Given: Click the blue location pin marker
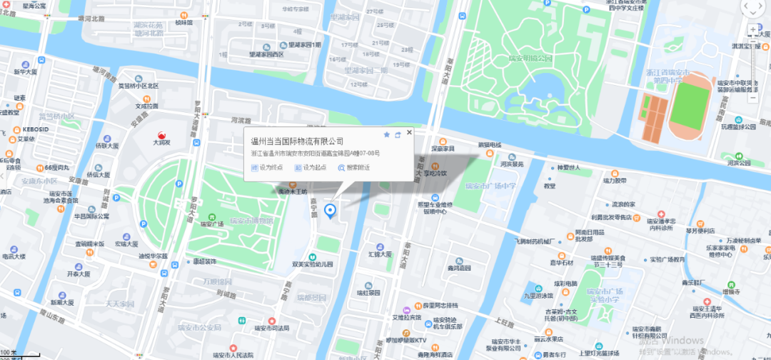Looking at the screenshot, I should [330, 211].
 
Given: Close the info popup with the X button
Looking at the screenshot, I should [409, 133].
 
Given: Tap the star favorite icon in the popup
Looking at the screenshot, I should [387, 134].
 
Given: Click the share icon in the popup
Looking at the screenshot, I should [398, 134].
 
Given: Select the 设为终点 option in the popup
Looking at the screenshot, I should [267, 167].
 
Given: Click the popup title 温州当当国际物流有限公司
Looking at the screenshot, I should [298, 141].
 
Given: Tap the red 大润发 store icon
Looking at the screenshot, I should [162, 134].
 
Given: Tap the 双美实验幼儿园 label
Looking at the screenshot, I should [313, 264].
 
